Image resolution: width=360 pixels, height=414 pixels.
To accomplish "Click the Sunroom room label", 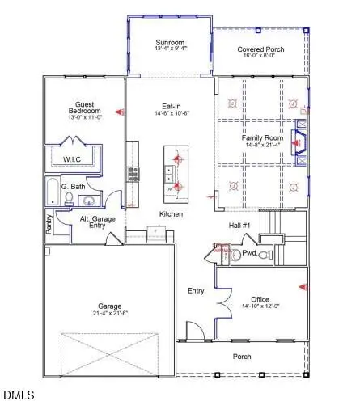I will (171, 42).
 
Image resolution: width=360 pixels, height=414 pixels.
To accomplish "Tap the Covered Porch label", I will (260, 50).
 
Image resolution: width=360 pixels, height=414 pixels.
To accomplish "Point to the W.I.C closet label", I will (72, 160).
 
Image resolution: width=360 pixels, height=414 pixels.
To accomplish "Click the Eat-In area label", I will (170, 106).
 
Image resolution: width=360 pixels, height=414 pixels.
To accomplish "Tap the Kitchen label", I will (170, 213).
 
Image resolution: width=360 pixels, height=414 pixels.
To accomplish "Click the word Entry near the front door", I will (196, 290).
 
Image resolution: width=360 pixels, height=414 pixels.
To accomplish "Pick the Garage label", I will (110, 306).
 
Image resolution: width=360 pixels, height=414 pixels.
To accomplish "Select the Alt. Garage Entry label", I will (99, 222).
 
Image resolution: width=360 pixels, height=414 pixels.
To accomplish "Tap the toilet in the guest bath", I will (70, 199).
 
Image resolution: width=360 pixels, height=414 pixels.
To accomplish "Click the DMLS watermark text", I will (16, 396).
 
